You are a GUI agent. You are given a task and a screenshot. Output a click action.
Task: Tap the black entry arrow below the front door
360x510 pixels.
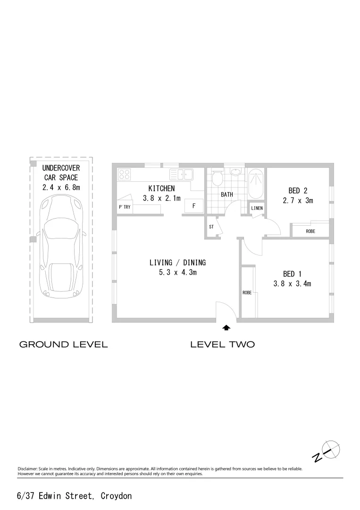click(226, 327)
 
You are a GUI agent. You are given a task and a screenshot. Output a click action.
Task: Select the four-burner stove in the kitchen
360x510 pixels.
click(125, 174)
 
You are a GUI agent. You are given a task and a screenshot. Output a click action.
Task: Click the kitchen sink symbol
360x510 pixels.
click(182, 174)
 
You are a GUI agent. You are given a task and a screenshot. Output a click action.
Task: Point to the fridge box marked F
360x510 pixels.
click(194, 206)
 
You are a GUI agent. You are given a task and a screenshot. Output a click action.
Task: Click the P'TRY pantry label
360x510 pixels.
click(125, 207)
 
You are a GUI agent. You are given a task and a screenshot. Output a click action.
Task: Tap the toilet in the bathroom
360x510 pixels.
click(218, 179)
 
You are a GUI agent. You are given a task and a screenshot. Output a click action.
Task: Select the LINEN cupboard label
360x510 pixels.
click(257, 208)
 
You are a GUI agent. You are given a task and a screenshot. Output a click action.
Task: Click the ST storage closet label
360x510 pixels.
click(211, 227)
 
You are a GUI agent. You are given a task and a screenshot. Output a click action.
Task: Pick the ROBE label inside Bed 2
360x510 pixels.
click(310, 231)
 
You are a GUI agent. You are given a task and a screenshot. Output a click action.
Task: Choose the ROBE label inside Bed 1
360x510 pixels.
click(247, 293)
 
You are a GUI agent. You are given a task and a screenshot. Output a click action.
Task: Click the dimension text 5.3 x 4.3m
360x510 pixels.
click(177, 272)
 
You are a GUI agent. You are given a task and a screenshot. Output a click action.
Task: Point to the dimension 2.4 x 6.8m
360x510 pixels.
click(61, 187)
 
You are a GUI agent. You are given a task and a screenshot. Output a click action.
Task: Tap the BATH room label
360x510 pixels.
click(227, 195)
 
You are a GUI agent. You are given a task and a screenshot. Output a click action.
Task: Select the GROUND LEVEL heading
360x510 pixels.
click(63, 344)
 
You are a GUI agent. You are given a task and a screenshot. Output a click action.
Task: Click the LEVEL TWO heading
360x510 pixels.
click(222, 344)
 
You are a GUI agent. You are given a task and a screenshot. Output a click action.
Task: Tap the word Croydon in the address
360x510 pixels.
click(116, 496)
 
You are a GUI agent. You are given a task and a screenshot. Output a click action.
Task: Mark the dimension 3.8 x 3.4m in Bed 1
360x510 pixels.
click(292, 284)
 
